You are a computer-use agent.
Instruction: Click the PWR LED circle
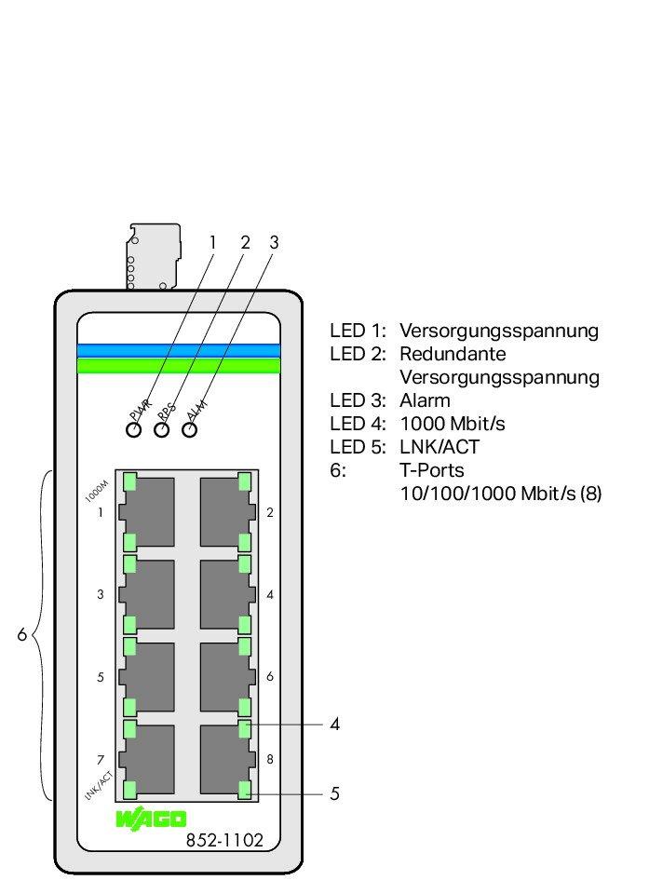tap(134, 429)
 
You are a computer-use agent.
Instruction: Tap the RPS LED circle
tap(162, 429)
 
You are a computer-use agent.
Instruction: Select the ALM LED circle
tap(190, 429)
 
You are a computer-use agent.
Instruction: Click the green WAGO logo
tap(151, 819)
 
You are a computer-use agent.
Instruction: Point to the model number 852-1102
tap(224, 840)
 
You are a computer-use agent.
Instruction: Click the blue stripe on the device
tap(179, 350)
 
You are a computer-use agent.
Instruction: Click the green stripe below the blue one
tap(179, 365)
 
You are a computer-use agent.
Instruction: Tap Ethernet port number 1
tap(146, 511)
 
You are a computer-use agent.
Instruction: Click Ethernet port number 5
tap(146, 676)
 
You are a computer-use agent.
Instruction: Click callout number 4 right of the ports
tap(334, 724)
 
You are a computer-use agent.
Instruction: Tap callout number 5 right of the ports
tap(334, 794)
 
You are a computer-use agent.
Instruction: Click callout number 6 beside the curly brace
tap(21, 636)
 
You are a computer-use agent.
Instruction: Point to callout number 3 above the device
tap(274, 242)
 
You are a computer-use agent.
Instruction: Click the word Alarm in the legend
tap(425, 400)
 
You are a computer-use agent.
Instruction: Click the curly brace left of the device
tap(41, 636)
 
